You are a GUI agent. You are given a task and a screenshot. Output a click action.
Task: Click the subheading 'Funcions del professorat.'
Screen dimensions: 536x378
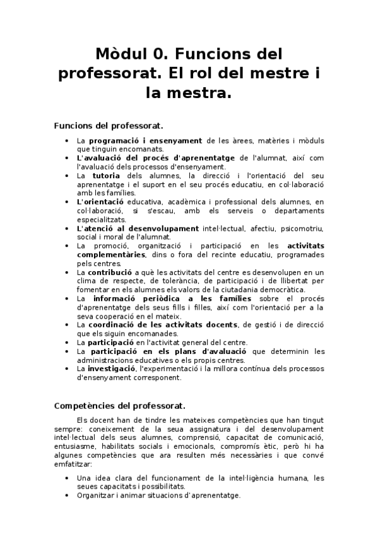109,125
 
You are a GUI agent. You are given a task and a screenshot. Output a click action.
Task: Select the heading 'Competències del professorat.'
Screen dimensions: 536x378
120,405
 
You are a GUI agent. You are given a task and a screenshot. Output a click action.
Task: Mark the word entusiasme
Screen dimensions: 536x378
97,446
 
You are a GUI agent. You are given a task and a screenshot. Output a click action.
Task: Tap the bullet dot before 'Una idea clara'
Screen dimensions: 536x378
68,478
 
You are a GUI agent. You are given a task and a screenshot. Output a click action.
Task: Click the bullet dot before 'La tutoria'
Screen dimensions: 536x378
68,175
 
